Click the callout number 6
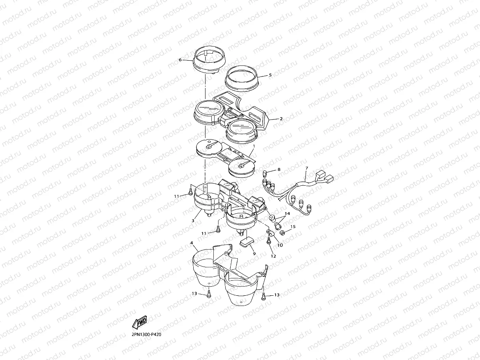point(180,60)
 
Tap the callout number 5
point(270,75)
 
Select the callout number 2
point(281,119)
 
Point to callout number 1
point(254,145)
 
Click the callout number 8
point(279,170)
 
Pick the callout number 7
point(307,168)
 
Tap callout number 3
point(193,221)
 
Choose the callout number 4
point(192,243)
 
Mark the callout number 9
point(254,254)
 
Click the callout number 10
point(280,245)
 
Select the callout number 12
point(273,256)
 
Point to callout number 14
point(287,213)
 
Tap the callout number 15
point(293,227)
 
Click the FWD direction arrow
point(140,322)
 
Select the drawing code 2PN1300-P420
point(146,334)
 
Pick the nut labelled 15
point(282,233)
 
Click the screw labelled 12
point(269,241)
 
